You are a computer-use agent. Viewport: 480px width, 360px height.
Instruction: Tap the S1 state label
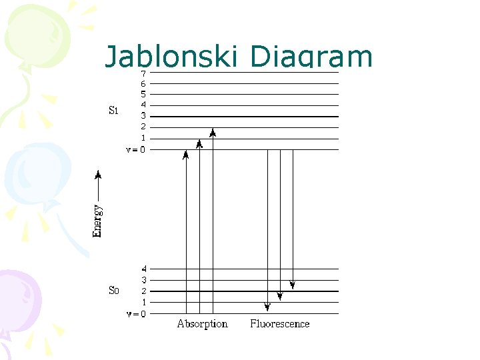113,110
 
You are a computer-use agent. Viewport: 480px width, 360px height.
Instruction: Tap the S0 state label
113,290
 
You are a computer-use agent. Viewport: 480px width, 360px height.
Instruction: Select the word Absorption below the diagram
202,324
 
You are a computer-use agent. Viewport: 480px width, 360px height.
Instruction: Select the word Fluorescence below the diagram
280,324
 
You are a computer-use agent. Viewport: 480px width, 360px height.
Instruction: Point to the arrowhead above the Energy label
98,175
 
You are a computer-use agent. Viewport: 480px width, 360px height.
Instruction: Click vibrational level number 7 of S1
143,73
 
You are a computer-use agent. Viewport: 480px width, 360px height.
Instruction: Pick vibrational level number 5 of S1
143,95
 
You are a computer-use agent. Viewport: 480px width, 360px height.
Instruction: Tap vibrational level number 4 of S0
143,269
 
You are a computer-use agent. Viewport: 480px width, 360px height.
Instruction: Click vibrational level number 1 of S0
143,302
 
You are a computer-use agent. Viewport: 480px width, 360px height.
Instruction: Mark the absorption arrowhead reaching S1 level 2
213,132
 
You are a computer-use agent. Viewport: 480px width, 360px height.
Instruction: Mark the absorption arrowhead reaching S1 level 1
199,143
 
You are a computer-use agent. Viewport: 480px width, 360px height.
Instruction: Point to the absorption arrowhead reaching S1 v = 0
186,155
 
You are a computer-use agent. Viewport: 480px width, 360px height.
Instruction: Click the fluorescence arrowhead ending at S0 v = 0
267,307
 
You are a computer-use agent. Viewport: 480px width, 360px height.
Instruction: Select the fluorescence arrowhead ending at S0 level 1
280,296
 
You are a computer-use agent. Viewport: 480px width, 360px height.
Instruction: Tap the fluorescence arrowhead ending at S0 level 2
293,285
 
